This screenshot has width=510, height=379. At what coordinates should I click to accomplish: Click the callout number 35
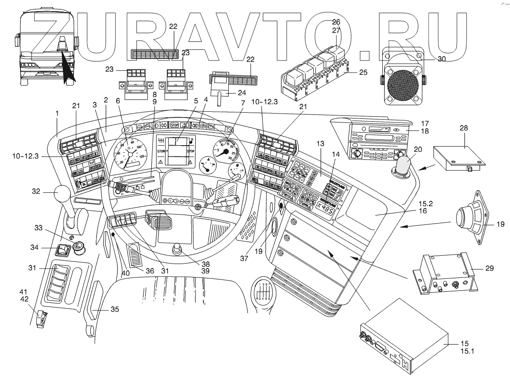coord(102,308)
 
